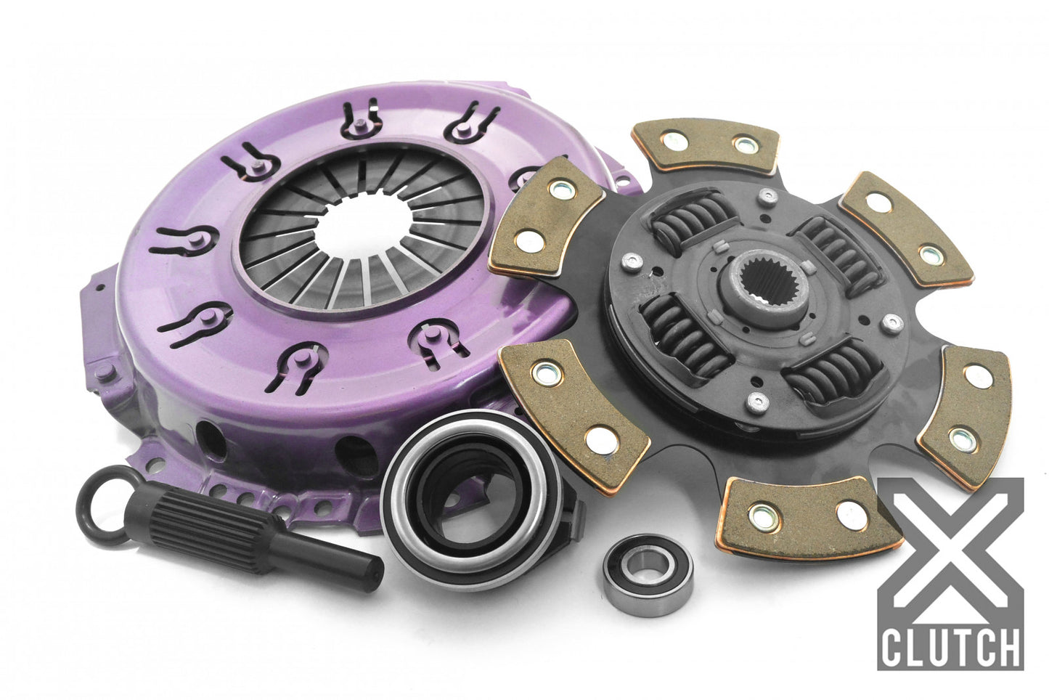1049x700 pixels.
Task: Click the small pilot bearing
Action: [637, 567]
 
